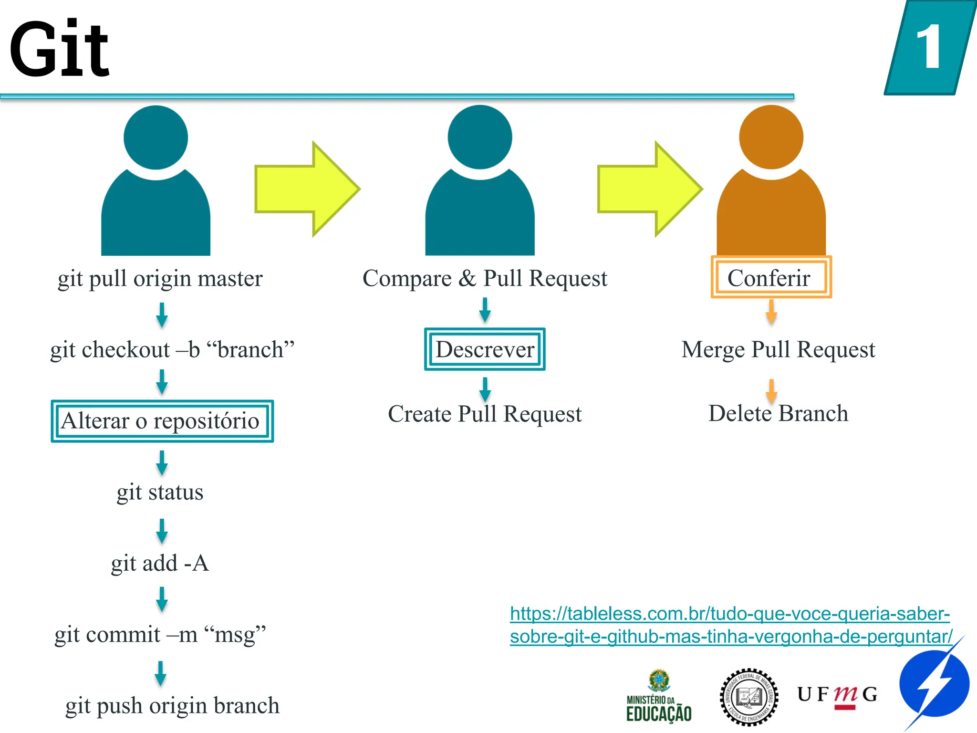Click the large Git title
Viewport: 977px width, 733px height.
pos(60,49)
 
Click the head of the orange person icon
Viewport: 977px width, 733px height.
pos(771,137)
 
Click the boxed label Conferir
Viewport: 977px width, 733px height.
pos(770,278)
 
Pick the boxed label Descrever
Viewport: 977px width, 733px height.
pos(485,349)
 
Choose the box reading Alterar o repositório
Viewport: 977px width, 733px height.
pos(162,421)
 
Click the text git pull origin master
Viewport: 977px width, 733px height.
pos(160,278)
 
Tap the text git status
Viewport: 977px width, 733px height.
pos(160,492)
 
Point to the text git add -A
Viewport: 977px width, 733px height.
pos(160,563)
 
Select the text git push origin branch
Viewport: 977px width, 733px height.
pos(172,705)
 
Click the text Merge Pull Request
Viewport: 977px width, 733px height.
pos(778,349)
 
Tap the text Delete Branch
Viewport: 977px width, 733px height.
pos(778,413)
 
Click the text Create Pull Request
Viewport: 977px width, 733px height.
pos(485,414)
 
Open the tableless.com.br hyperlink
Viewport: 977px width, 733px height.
pos(730,625)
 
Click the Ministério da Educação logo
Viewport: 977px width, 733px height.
pos(659,697)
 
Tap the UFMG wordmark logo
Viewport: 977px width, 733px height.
pos(837,695)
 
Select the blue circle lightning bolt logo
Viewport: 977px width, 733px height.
pos(934,685)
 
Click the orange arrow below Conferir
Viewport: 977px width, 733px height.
pos(771,312)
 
